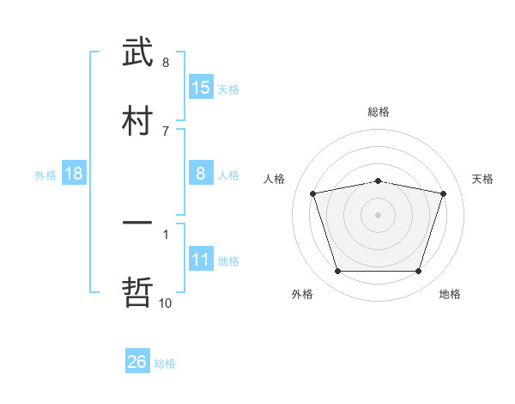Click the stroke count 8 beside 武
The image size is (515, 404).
(166, 62)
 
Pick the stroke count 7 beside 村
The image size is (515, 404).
(166, 131)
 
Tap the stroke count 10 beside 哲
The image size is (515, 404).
(166, 303)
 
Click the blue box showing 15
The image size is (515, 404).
(201, 88)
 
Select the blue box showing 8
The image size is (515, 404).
(201, 174)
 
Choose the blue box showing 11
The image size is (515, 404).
(201, 260)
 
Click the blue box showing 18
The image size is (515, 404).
(74, 174)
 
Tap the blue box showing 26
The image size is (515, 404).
(137, 362)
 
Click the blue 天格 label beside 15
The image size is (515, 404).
(228, 89)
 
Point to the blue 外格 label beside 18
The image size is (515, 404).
(45, 175)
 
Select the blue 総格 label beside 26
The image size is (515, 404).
(165, 364)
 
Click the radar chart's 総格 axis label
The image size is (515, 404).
(379, 112)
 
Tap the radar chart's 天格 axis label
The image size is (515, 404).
(483, 179)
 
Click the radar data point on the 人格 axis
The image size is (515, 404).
(313, 193)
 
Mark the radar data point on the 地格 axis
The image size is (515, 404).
(418, 272)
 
